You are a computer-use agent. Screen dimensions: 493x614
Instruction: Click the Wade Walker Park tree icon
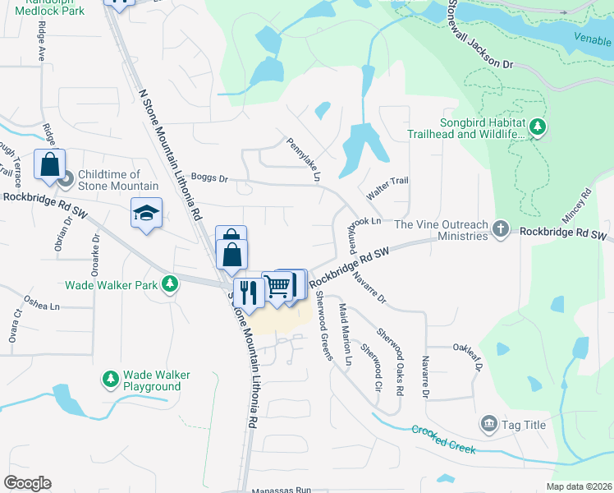click(169, 284)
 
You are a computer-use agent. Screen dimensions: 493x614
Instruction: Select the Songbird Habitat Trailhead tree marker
click(538, 127)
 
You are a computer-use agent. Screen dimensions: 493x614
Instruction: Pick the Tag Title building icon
click(488, 423)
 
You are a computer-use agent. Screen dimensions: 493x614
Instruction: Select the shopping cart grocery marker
click(277, 286)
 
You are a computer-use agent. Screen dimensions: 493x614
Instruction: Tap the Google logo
click(27, 482)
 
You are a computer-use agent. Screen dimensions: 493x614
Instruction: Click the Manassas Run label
click(282, 489)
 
